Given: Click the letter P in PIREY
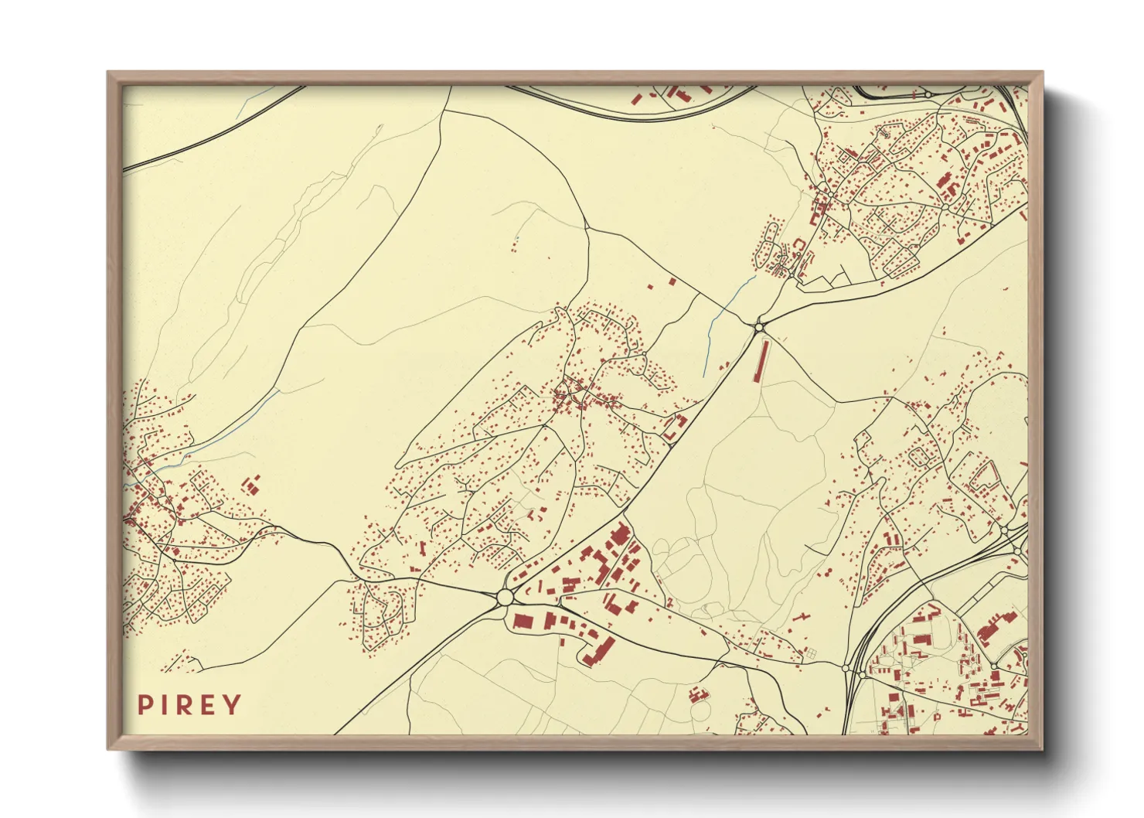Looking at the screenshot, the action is (145, 705).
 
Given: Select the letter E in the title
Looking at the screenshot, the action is (209, 705).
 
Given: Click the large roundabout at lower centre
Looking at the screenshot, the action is (505, 597).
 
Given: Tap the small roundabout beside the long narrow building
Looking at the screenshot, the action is (759, 327).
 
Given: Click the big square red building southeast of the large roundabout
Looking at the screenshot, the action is (522, 621).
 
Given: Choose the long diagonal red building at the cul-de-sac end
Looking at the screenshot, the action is (599, 651).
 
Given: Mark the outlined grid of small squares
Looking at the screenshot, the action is (811, 654).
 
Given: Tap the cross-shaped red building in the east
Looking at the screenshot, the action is (802, 619).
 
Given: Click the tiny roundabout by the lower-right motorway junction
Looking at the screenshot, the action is (845, 667).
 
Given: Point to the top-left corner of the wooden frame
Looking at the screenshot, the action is (108, 72).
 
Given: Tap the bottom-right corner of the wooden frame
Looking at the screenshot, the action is (1042, 748).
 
